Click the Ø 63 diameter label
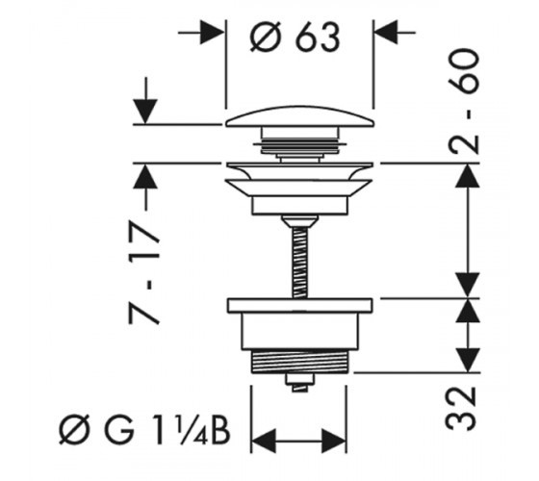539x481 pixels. tap(295, 37)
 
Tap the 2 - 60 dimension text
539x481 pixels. tap(463, 102)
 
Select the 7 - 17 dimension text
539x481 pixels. tap(144, 273)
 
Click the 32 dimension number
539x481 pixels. tap(461, 409)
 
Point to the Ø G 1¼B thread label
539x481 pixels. tap(144, 429)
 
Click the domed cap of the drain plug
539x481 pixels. tap(299, 116)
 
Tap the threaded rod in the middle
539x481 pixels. tap(299, 262)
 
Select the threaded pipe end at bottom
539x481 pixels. tap(299, 361)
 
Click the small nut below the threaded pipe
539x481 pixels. tap(299, 382)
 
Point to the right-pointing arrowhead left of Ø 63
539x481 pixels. tap(212, 33)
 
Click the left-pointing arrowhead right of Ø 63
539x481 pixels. tap(386, 33)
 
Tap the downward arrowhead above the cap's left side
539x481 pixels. tap(145, 112)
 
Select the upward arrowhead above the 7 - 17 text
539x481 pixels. tap(145, 176)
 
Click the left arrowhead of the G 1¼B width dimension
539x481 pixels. tap(264, 441)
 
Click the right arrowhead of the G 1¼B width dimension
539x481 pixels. tap(334, 441)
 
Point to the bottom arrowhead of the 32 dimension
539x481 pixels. tap(468, 360)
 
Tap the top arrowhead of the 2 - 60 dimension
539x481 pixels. tap(468, 175)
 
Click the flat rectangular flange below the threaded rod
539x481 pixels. tap(299, 306)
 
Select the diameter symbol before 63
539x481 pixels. tap(264, 38)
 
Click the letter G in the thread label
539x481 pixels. tap(118, 429)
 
